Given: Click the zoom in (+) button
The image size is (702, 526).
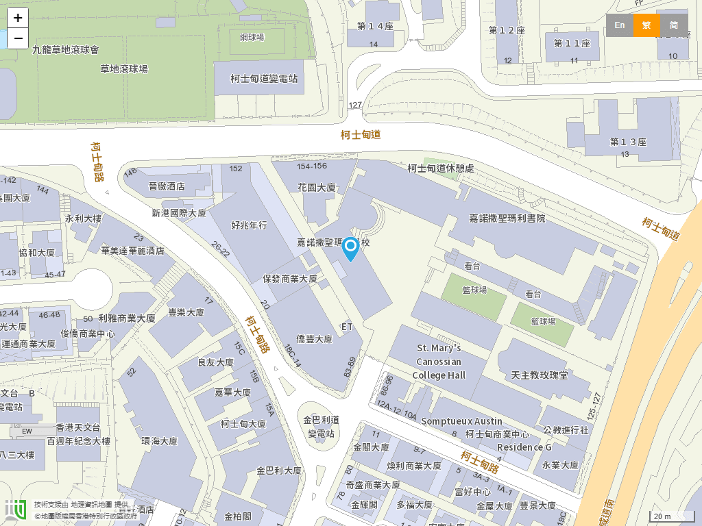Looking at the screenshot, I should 18,18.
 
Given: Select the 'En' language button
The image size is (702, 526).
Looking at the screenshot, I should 620,25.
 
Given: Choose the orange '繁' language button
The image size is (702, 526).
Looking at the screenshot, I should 646,25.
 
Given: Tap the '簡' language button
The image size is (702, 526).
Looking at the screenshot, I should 674,25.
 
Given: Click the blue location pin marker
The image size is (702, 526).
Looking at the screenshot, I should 350,248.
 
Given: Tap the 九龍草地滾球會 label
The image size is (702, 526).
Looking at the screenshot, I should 66,50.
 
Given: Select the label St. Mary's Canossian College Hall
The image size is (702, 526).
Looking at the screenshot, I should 439,362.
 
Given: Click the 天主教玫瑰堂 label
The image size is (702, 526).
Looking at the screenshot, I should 540,375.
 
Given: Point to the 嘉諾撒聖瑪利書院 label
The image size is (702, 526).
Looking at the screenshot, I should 507,218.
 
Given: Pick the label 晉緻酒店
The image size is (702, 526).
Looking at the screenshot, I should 167,186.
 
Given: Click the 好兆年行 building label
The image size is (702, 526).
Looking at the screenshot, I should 250,225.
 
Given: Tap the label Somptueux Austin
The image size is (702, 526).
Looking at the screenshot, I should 462,421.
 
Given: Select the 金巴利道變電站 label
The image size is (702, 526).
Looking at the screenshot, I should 321,427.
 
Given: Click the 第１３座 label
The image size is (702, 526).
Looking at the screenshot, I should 628,142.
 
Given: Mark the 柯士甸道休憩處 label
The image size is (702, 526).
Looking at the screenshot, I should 441,168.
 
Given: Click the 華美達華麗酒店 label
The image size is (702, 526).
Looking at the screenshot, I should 133,251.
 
